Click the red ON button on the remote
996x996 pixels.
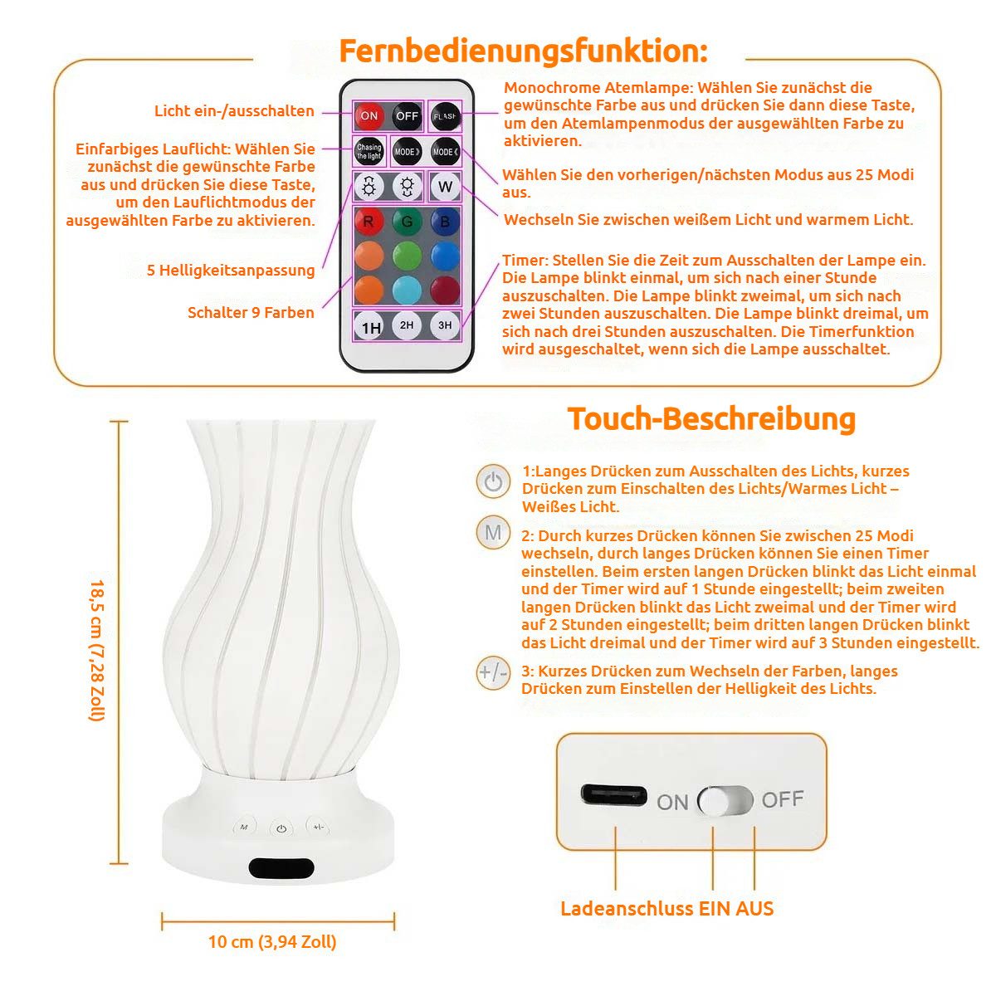point(369,115)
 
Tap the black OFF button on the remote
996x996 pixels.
point(407,115)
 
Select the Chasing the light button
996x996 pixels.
point(369,151)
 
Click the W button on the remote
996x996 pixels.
point(445,187)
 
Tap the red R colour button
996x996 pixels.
point(369,222)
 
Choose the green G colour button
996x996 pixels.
point(407,222)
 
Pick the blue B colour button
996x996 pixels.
point(445,222)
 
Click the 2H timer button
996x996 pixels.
point(407,325)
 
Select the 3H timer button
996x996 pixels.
point(445,325)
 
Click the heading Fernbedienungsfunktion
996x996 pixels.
point(523,51)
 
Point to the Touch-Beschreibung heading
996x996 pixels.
point(711,418)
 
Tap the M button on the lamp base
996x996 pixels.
point(244,828)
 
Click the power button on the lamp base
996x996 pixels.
point(281,829)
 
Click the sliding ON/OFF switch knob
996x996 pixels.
point(715,802)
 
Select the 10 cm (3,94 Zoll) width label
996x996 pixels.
point(272,941)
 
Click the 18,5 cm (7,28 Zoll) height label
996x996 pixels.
point(97,650)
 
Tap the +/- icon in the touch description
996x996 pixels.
point(493,673)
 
